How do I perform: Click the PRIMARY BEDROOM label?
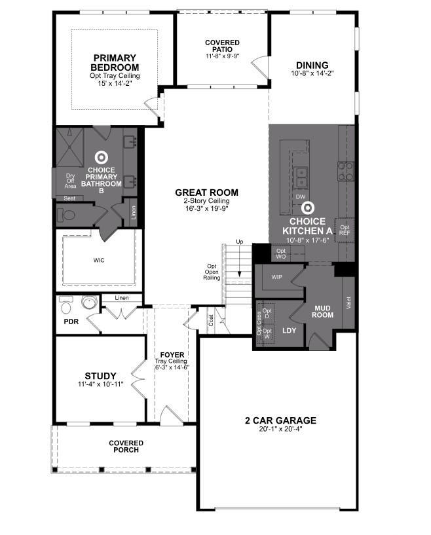pyautogui.click(x=115, y=62)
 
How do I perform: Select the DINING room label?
pyautogui.click(x=312, y=65)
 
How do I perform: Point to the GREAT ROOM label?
pyautogui.click(x=206, y=193)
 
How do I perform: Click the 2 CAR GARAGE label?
pyautogui.click(x=280, y=420)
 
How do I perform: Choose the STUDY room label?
pyautogui.click(x=100, y=376)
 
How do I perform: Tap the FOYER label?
pyautogui.click(x=172, y=355)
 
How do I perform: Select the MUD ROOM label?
pyautogui.click(x=322, y=310)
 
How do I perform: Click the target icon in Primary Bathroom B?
pyautogui.click(x=102, y=157)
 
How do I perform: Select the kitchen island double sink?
pyautogui.click(x=301, y=175)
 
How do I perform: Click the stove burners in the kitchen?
pyautogui.click(x=345, y=171)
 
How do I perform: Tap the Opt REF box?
pyautogui.click(x=344, y=230)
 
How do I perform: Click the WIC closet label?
pyautogui.click(x=99, y=260)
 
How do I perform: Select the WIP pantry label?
pyautogui.click(x=276, y=277)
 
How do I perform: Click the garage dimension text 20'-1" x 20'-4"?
pyautogui.click(x=280, y=430)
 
